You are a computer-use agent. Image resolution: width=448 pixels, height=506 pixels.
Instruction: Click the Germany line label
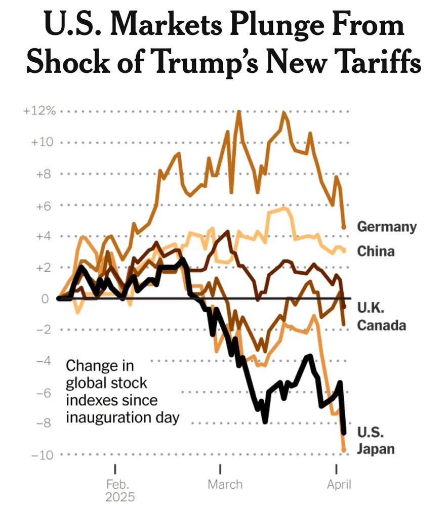387,226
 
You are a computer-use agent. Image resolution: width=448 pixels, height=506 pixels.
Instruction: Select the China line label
376,250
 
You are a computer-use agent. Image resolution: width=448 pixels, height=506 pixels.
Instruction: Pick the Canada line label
382,325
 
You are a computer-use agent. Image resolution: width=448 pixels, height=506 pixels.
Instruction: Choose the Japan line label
376,449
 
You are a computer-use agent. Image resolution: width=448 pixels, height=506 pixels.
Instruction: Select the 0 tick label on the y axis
46,299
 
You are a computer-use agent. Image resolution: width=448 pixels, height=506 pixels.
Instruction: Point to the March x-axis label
225,484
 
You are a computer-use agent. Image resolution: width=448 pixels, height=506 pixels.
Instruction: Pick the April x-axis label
339,484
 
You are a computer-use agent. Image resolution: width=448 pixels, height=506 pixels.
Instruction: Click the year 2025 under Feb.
120,497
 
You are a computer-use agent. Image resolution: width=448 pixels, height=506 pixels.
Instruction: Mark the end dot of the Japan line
344,449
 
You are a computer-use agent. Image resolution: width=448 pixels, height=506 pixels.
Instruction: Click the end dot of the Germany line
344,227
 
